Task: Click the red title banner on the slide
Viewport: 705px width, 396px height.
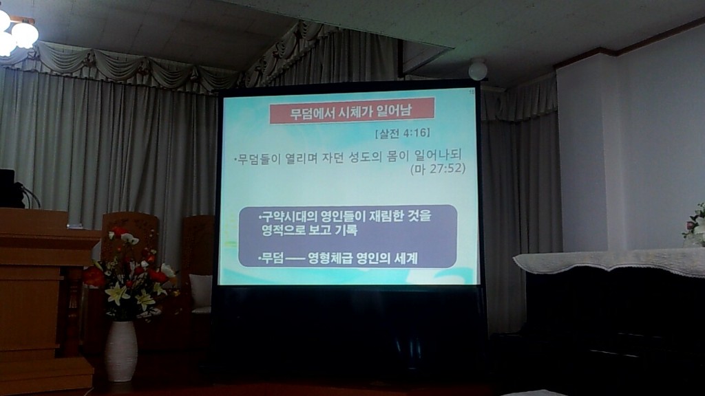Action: [x=352, y=111]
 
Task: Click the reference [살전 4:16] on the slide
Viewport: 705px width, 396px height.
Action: [x=402, y=133]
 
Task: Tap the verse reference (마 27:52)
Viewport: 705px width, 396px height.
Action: [x=438, y=169]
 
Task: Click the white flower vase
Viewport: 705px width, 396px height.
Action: [x=121, y=351]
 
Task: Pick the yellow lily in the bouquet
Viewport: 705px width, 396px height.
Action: [x=117, y=293]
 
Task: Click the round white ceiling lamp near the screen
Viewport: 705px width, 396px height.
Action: [x=478, y=70]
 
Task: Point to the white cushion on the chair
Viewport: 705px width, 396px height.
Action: [x=200, y=290]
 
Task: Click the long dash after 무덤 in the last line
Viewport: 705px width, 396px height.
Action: [x=295, y=259]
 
